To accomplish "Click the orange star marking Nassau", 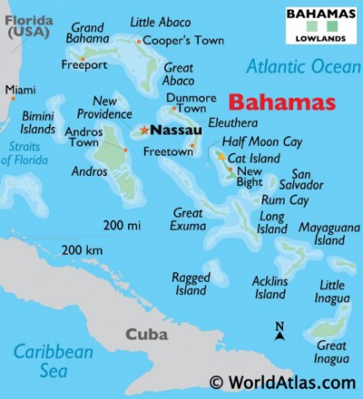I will (144, 130).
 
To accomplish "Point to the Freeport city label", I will (85, 65).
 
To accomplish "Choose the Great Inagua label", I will (331, 353).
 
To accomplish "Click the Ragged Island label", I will (190, 284).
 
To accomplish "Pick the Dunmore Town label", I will (196, 103).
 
